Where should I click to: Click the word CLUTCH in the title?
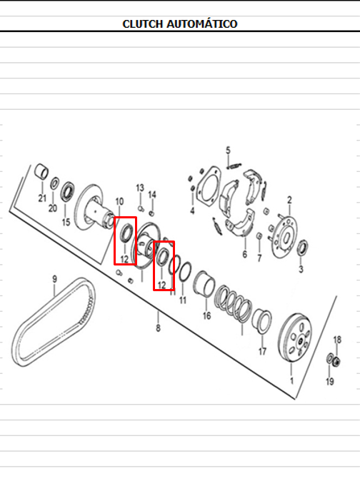[142, 24]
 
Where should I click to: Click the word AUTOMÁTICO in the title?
[202, 24]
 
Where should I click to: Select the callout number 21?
[42, 198]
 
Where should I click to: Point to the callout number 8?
[158, 328]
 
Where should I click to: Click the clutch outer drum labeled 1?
[295, 338]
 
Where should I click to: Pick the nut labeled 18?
[336, 362]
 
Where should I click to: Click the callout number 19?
[330, 382]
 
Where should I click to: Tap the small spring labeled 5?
[234, 166]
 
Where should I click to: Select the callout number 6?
[244, 254]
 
